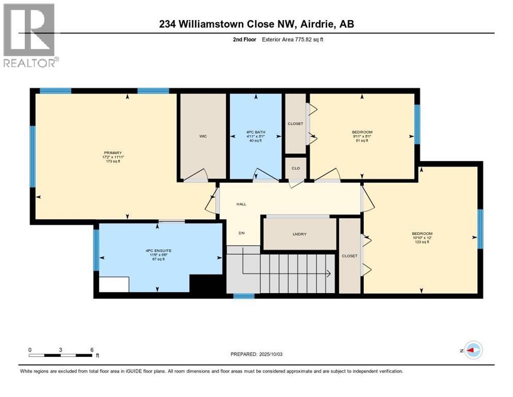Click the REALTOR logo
point(29,35)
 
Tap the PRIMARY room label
point(113,153)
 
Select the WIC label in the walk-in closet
point(203,136)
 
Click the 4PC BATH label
point(255,133)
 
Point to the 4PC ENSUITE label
point(155,251)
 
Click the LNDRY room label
point(299,234)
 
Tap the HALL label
point(241,204)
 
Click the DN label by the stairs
point(241,233)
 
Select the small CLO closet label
point(296,168)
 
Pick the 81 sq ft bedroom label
point(361,132)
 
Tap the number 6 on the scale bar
point(92,350)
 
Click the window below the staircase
point(244,296)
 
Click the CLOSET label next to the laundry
point(349,256)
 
